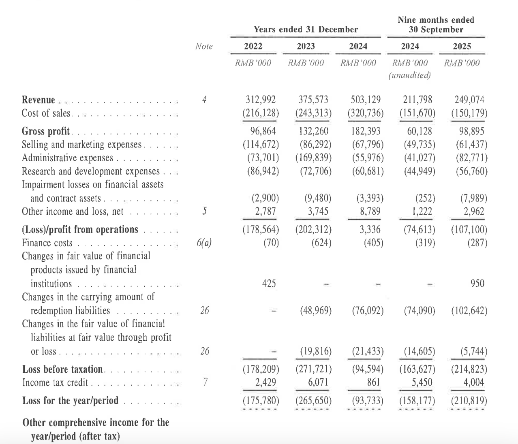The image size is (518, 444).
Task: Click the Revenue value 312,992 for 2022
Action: [261, 100]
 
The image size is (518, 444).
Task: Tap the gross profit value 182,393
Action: [366, 131]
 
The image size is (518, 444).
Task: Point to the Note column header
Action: [204, 47]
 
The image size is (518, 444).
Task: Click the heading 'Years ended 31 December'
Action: [306, 30]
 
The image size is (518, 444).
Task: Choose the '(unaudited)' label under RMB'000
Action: [409, 75]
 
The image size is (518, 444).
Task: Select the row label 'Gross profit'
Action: [46, 131]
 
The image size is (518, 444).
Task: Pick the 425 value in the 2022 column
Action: [269, 284]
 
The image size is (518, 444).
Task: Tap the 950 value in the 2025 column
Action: [477, 284]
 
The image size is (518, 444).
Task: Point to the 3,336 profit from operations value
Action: [370, 230]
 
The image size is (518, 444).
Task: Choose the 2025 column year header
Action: [462, 47]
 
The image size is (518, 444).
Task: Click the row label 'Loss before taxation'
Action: [63, 369]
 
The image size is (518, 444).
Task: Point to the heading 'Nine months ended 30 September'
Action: [436, 25]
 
